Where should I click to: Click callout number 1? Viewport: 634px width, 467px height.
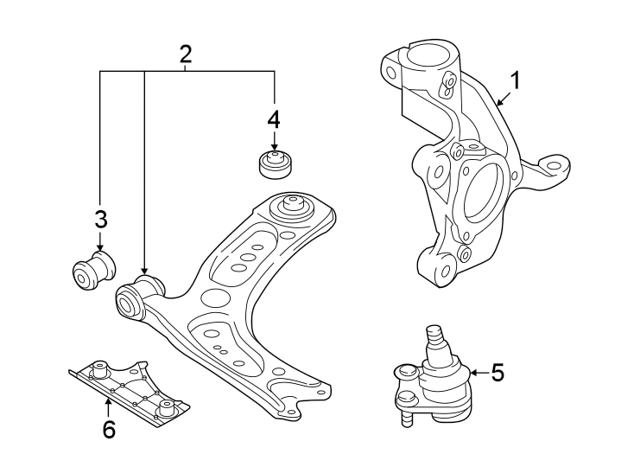515,82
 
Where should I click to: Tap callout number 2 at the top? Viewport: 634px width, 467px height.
186,54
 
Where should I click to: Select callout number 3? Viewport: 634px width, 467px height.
100,218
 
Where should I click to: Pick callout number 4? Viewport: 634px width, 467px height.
274,118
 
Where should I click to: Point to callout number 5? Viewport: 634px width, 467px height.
497,373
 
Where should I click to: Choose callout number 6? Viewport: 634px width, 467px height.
109,429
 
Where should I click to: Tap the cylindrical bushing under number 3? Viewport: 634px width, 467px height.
92,270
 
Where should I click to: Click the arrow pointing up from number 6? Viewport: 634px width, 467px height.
109,403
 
